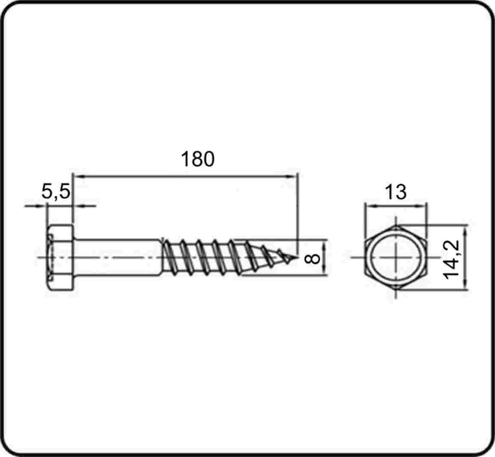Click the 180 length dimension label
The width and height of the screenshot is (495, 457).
(x=197, y=159)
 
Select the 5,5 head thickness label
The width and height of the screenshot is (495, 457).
(x=56, y=192)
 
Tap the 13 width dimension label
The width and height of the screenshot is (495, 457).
(x=396, y=192)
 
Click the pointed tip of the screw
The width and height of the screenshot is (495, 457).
(x=297, y=257)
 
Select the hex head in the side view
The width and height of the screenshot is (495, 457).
(x=61, y=257)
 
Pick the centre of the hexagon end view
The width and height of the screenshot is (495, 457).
(x=396, y=257)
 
